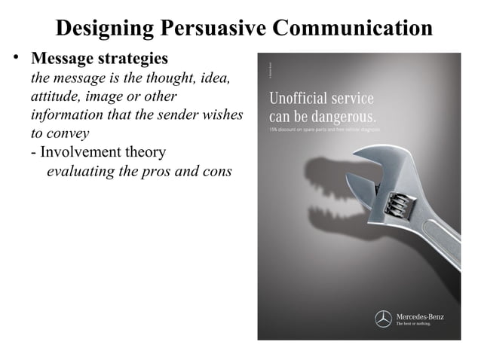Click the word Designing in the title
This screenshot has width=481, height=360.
click(x=105, y=28)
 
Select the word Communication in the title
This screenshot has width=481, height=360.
click(x=352, y=28)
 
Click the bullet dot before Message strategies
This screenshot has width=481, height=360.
click(x=14, y=59)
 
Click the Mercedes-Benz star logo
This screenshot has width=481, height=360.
click(x=384, y=319)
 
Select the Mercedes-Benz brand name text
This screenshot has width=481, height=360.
click(x=420, y=316)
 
